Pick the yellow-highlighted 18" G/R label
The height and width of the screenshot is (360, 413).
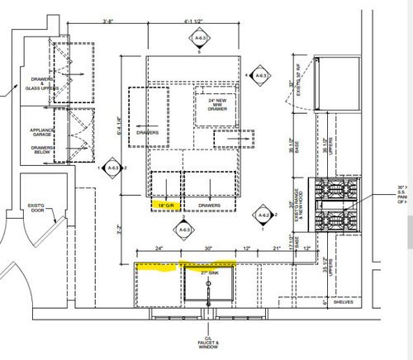[x=166, y=204]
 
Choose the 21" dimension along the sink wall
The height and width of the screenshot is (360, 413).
[x=278, y=249]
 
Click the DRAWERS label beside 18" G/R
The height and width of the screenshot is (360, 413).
[x=208, y=204]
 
